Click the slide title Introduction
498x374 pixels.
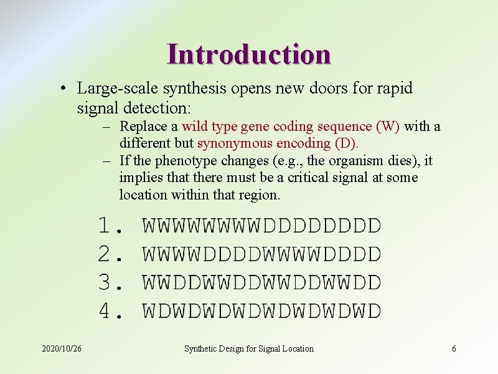(248, 54)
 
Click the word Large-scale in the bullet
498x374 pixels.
(111, 89)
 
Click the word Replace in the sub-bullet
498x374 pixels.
(144, 127)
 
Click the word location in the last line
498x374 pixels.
(143, 194)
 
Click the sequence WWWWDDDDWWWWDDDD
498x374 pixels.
(261, 254)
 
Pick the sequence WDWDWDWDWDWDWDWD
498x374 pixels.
(261, 310)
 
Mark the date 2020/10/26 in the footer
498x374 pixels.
(62, 348)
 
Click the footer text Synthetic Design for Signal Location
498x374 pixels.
(248, 348)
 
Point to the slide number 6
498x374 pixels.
(454, 348)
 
